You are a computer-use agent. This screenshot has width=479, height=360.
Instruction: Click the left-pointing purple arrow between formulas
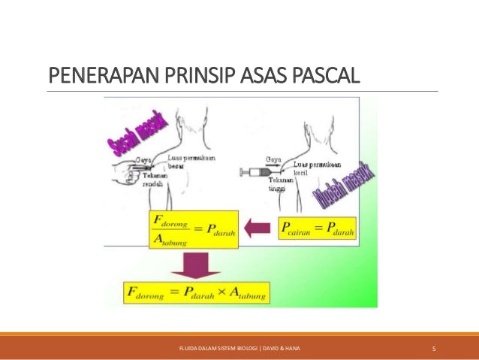coord(258,225)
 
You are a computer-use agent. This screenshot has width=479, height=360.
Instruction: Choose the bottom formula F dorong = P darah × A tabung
coord(206,291)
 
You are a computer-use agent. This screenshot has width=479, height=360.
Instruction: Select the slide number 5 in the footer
coord(435,348)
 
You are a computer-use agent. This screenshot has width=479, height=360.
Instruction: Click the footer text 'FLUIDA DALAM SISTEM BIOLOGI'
coord(216,348)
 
